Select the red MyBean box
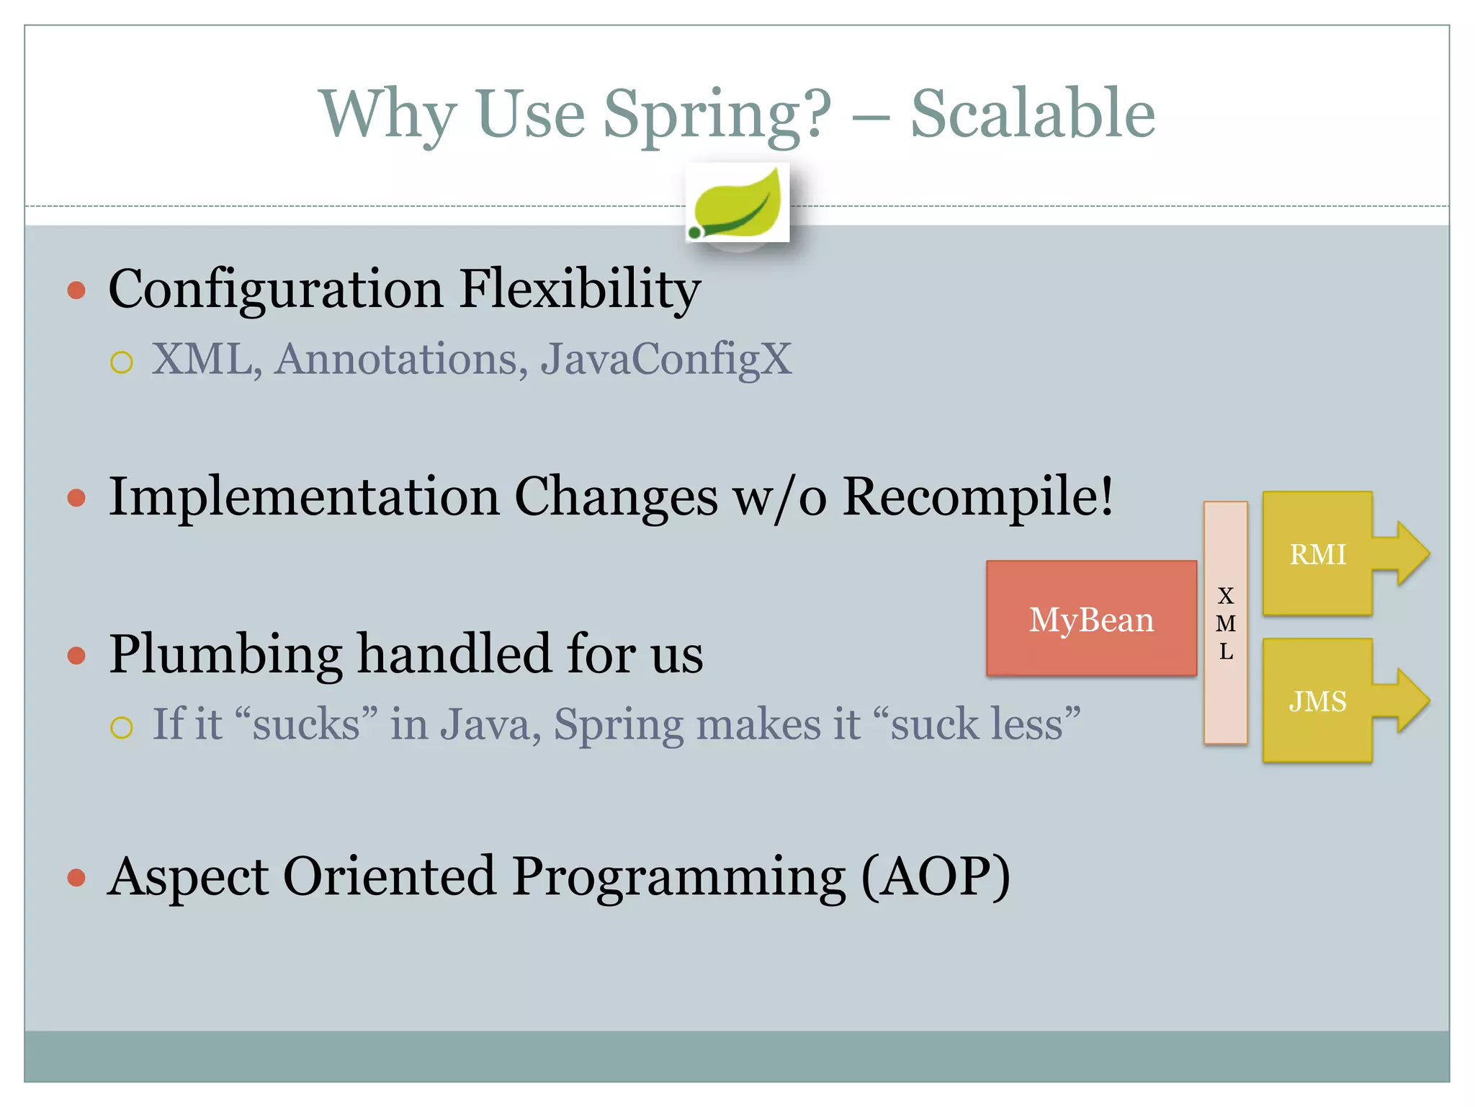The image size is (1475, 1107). click(1091, 619)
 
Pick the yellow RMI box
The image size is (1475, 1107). click(1317, 554)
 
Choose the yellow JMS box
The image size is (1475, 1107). click(1317, 701)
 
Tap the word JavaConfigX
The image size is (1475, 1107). click(666, 359)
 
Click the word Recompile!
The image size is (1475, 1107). click(977, 497)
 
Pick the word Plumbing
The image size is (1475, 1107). click(225, 654)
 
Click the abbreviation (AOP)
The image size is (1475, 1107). click(936, 876)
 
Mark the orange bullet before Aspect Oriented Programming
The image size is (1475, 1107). click(76, 878)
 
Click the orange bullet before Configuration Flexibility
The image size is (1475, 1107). click(76, 290)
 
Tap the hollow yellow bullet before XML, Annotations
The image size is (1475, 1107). click(122, 362)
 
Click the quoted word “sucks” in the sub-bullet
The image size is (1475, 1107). click(306, 724)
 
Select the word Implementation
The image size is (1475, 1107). click(303, 497)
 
